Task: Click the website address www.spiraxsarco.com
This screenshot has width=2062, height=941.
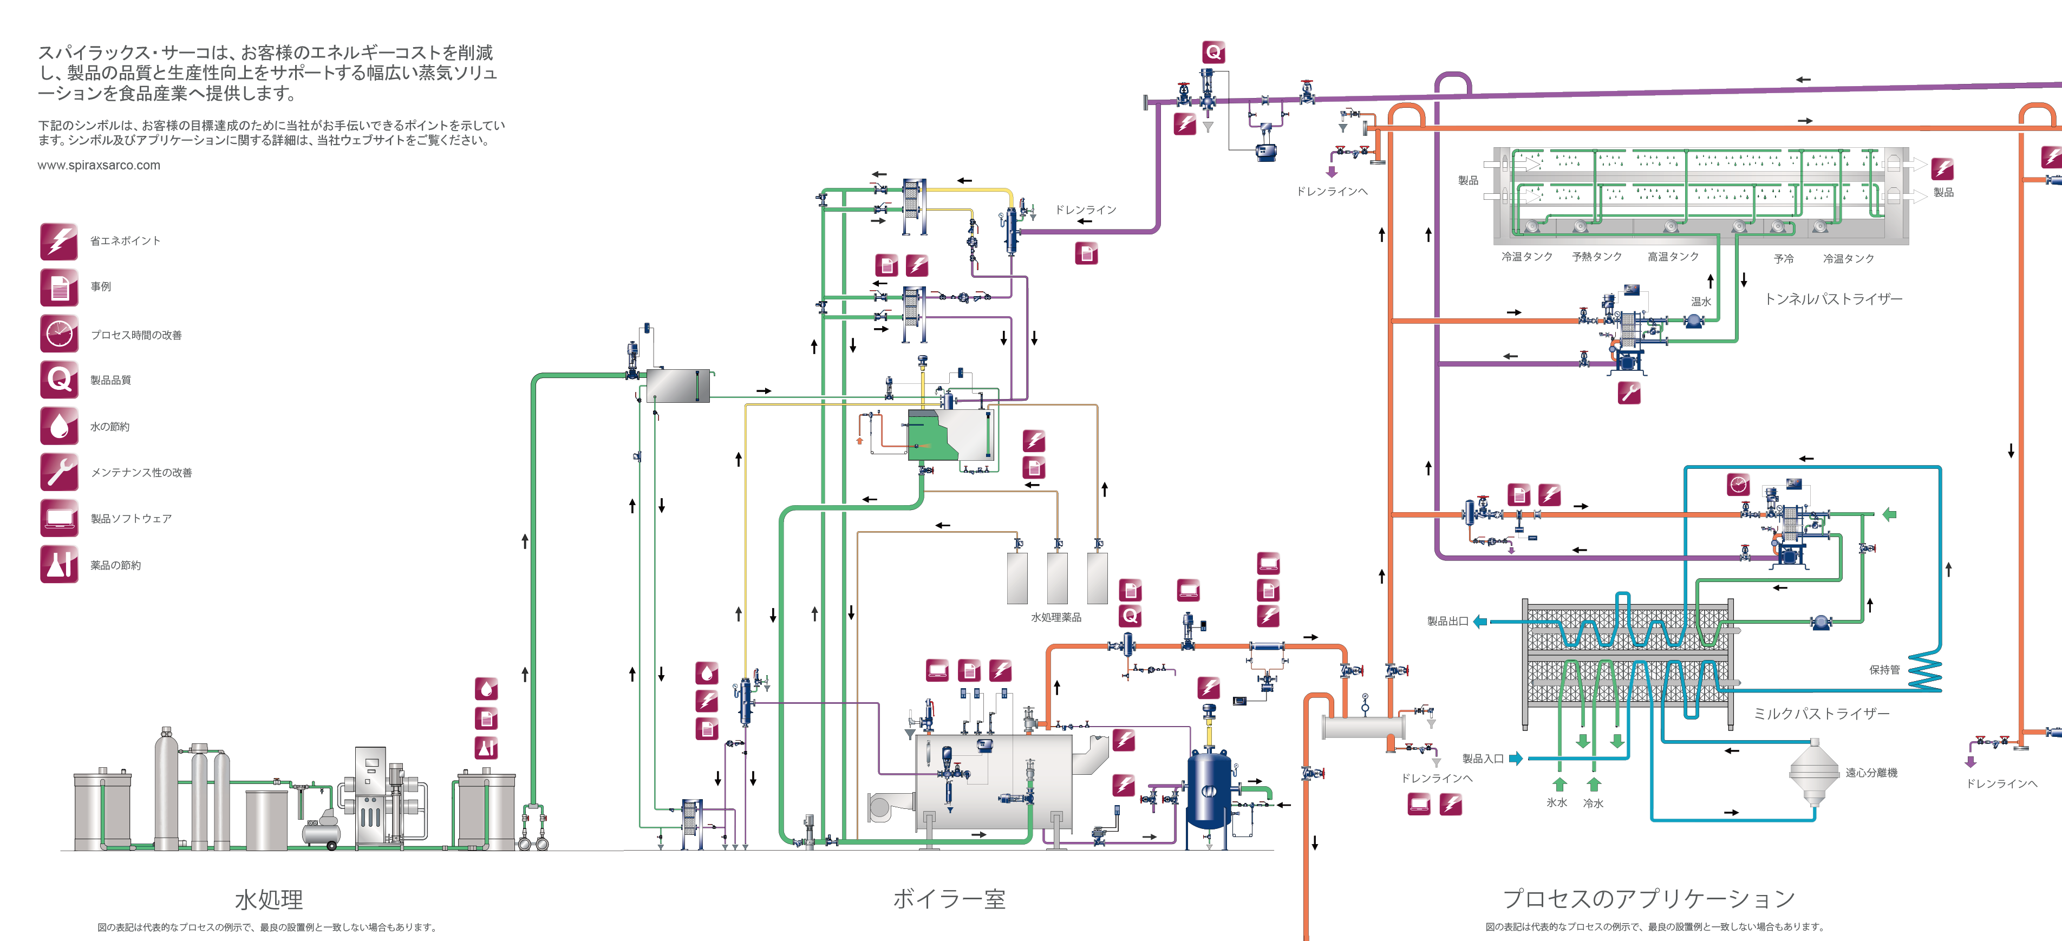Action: point(99,166)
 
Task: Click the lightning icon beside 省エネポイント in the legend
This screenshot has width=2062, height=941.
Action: point(59,241)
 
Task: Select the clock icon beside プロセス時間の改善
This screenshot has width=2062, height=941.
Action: point(59,334)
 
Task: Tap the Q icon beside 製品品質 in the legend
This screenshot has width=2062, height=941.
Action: point(59,380)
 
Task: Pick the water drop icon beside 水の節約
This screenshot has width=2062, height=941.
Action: point(59,426)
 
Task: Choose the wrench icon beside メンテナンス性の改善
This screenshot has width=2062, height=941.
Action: point(59,472)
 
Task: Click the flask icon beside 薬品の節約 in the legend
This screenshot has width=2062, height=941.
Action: point(59,564)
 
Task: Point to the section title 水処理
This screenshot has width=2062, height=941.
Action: point(269,899)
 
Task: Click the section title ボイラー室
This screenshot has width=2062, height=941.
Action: point(949,899)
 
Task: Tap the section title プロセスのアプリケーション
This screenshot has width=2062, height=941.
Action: point(1648,899)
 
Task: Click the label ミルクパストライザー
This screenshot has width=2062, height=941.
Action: point(1820,714)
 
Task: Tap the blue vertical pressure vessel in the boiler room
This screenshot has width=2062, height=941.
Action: point(1209,788)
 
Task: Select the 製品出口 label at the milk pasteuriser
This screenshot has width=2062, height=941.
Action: point(1447,621)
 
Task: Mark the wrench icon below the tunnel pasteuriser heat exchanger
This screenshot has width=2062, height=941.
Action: point(1629,393)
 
